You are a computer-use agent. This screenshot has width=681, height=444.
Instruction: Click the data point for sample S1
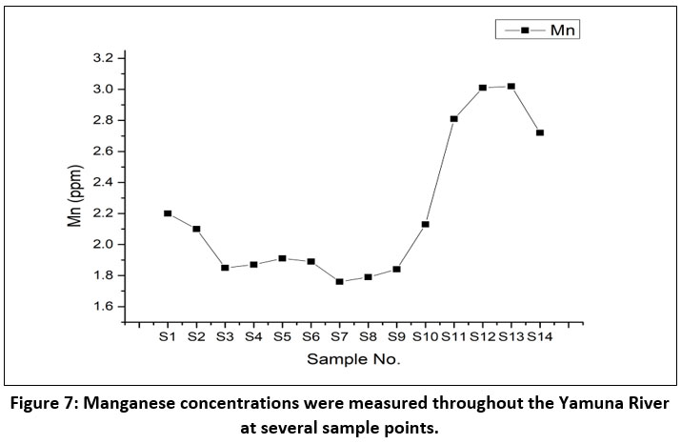coord(168,213)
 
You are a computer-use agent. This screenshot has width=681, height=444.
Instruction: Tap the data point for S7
coord(340,282)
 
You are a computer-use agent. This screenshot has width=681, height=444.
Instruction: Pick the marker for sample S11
coord(454,119)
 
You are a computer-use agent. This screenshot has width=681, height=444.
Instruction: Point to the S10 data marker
coord(426,224)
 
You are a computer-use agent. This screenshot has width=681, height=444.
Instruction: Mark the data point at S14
coord(540,132)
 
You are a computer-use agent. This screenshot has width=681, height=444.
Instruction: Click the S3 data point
coord(225,268)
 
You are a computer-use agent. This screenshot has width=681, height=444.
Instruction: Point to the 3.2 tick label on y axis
coord(101,58)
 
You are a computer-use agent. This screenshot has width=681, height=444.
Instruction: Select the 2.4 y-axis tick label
coord(101,182)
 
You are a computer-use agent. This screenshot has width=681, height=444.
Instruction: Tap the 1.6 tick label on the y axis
coord(101,307)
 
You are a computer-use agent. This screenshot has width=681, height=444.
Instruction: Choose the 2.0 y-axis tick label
coord(101,245)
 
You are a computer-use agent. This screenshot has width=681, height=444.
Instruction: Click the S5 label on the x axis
coord(283,336)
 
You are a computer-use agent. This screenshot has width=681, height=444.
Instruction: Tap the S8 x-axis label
coord(369,336)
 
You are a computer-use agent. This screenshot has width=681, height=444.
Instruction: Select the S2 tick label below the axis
coord(196,336)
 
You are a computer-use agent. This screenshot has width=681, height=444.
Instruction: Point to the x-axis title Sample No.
coord(353,360)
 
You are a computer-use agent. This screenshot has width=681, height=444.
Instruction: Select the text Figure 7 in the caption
coord(47,404)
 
